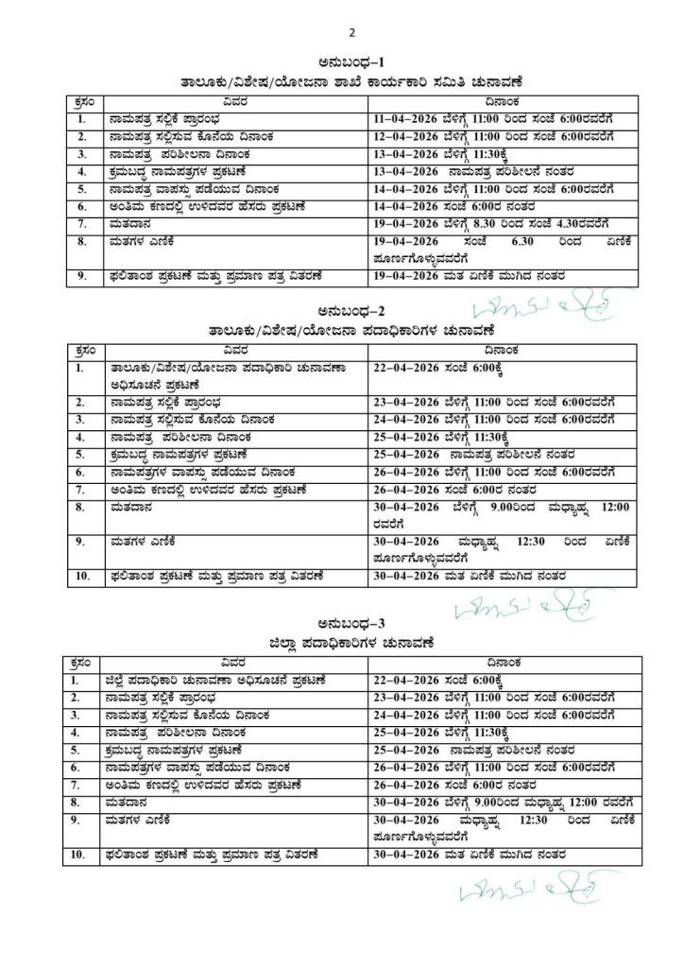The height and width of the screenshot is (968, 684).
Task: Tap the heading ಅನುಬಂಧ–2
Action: [x=351, y=312]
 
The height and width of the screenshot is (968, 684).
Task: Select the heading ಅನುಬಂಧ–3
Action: [x=351, y=623]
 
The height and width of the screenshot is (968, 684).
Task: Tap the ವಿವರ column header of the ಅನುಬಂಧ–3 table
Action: [x=235, y=662]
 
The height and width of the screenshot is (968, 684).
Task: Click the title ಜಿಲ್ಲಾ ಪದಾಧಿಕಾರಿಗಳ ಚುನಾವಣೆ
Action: [x=351, y=643]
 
